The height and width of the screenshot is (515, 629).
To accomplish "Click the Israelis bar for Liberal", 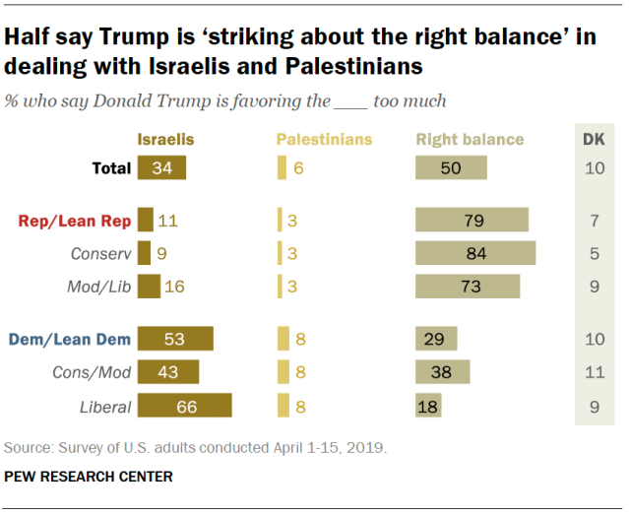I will coord(185,406).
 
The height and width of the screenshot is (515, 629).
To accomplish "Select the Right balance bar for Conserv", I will coord(475,253).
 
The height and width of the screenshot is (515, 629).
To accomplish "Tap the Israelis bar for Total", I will coord(162,167).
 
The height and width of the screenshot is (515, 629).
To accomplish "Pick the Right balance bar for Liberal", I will coord(428,406).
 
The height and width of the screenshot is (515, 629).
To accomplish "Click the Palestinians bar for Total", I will coord(283,167).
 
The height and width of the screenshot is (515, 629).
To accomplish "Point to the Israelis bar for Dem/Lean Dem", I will coord(175,339).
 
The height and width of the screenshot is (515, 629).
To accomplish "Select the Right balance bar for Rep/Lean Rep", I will coord(472,220).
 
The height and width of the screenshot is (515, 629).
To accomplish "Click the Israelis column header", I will coord(165,139).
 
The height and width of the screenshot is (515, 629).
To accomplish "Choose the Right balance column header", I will coord(470,139).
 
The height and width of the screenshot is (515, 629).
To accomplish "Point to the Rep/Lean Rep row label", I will coord(75,220).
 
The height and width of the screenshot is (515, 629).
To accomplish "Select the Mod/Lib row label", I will coord(101,287).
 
